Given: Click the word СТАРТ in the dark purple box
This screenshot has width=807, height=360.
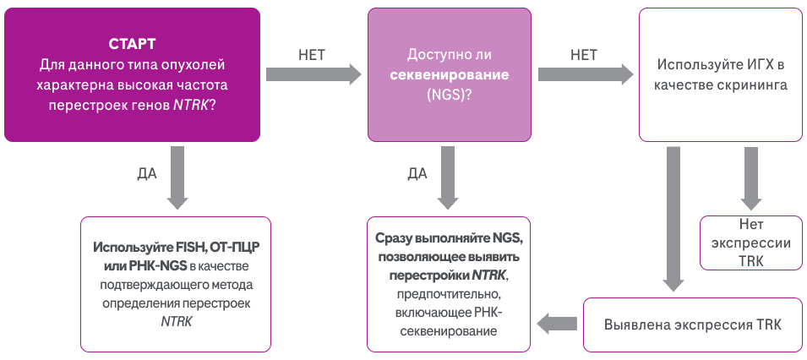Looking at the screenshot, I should coord(132,44).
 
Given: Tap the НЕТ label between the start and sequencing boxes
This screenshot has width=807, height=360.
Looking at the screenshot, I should coord(312,56).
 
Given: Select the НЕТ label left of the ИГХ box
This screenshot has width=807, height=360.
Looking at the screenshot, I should coord(583,56).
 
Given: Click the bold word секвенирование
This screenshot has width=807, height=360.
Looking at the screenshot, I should coord(449,74).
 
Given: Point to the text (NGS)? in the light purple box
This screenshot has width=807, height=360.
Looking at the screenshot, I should coord(450,95).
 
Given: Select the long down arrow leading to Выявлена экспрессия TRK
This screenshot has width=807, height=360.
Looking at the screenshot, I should coord(673,220).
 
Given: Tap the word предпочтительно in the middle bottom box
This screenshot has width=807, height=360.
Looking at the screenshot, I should coord(449,294).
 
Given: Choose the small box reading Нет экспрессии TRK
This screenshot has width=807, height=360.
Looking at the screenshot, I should coord(745,244).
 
